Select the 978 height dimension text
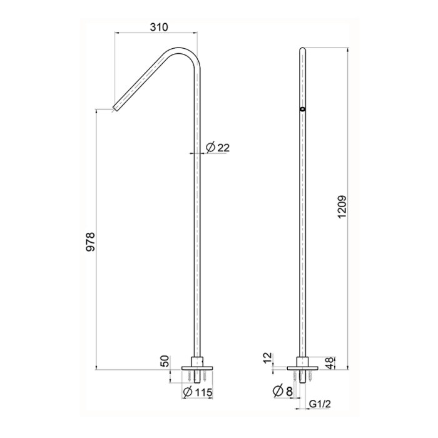tap(91, 243)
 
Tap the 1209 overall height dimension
tap(341, 205)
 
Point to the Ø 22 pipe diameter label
tap(218, 148)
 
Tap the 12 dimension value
tap(269, 359)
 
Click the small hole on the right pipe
tap(303, 109)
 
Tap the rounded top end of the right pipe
tap(303, 49)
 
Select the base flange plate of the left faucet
tap(196, 367)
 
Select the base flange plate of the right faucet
tap(304, 367)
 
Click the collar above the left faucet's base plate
tap(196, 360)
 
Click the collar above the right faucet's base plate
tap(304, 360)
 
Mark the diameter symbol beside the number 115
tap(187, 392)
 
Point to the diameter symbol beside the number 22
tap(210, 148)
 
